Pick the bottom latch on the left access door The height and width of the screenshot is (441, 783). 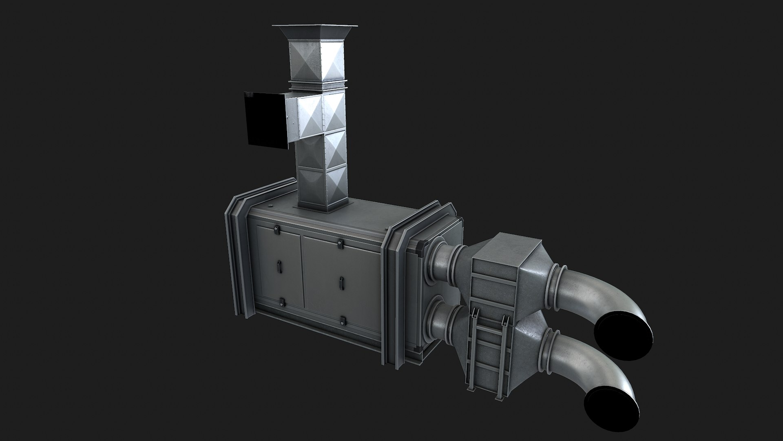[281, 303]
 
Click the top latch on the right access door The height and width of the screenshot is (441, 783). [339, 244]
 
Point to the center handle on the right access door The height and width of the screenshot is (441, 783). [341, 282]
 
